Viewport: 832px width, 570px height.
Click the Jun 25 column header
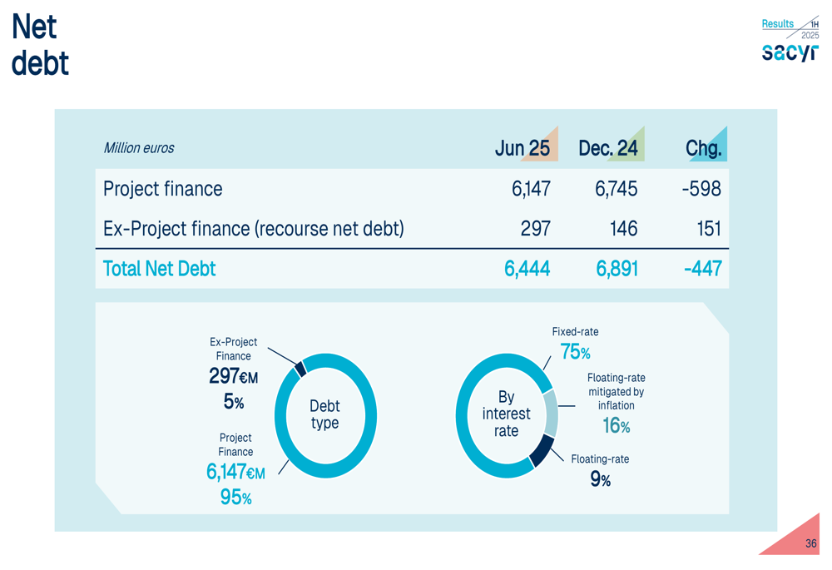pos(522,148)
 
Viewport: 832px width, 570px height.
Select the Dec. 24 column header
pos(608,148)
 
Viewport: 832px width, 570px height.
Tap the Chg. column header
pos(703,148)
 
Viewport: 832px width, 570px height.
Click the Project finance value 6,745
pos(616,189)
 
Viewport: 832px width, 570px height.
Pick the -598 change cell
pos(701,189)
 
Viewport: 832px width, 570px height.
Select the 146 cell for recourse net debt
pos(623,229)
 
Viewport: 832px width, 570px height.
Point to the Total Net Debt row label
pos(159,269)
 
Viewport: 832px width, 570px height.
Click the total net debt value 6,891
pos(617,269)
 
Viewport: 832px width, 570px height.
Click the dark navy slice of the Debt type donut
pos(300,368)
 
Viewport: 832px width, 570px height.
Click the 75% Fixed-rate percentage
pos(575,352)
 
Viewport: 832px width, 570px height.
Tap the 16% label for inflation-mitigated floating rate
pos(616,426)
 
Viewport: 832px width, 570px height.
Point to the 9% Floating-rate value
pos(600,479)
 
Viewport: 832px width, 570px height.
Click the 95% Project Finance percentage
pos(235,498)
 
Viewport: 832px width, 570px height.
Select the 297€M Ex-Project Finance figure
pos(233,377)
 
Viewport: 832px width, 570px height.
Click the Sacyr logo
pos(790,52)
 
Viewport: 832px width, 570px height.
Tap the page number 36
pos(810,543)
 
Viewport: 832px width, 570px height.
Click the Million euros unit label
pos(139,148)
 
